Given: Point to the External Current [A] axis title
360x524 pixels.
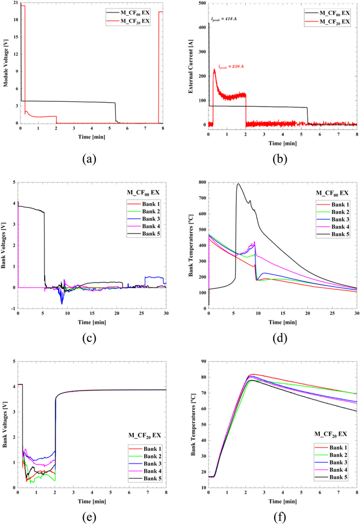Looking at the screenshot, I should [196, 63].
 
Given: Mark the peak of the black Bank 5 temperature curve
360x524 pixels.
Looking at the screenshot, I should [238, 184].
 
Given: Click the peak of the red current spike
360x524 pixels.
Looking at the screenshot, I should [214, 70].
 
